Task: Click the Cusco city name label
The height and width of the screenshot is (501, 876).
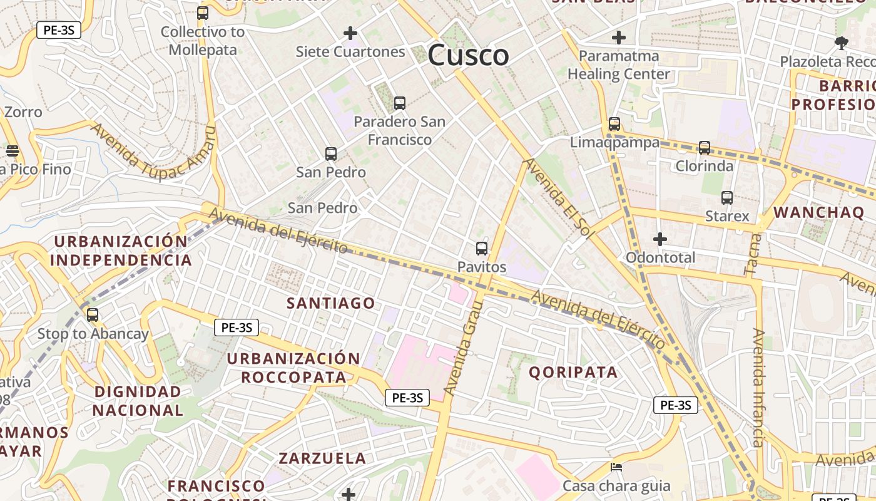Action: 468,55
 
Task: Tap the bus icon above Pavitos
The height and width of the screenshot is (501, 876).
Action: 481,248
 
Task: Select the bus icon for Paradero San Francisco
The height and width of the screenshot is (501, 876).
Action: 399,103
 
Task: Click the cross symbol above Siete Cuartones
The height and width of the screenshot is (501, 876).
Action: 350,33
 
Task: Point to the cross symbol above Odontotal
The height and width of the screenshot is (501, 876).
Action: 660,239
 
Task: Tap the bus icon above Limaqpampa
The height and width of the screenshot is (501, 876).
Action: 614,124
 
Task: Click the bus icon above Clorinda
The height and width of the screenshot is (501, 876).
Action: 704,148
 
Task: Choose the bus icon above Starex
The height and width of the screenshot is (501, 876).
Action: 726,198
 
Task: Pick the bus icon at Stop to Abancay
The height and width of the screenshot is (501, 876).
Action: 93,315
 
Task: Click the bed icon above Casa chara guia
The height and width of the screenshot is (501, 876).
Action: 616,467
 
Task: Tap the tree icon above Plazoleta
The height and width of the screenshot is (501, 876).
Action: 841,43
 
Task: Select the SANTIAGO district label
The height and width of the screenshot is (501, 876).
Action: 331,303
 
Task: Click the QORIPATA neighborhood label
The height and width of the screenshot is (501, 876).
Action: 573,372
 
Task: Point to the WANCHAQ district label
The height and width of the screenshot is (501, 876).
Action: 818,212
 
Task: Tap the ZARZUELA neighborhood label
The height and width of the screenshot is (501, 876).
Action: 322,458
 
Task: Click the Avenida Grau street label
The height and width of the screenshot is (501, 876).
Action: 464,348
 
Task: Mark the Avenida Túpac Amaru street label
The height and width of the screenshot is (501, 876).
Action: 153,150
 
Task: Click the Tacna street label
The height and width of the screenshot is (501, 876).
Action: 753,254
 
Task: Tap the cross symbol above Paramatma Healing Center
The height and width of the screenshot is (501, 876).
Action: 618,37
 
